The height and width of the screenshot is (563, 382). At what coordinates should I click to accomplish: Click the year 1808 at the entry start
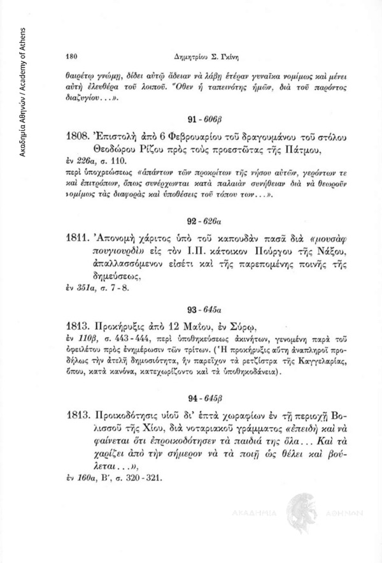pos(77,136)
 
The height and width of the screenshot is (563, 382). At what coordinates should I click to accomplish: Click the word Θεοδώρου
pos(112,149)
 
